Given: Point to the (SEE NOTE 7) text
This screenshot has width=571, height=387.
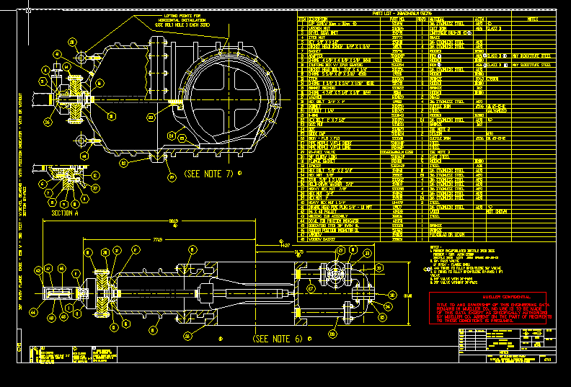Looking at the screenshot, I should [208, 174].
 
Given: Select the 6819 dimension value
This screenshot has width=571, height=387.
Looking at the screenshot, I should [174, 222].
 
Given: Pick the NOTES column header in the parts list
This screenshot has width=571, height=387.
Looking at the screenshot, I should [533, 19].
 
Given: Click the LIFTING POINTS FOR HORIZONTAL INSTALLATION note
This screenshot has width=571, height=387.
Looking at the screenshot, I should [181, 19].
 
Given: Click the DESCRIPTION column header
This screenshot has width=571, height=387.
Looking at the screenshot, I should [318, 19].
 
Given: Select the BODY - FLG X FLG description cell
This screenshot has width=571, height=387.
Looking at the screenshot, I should [320, 137].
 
